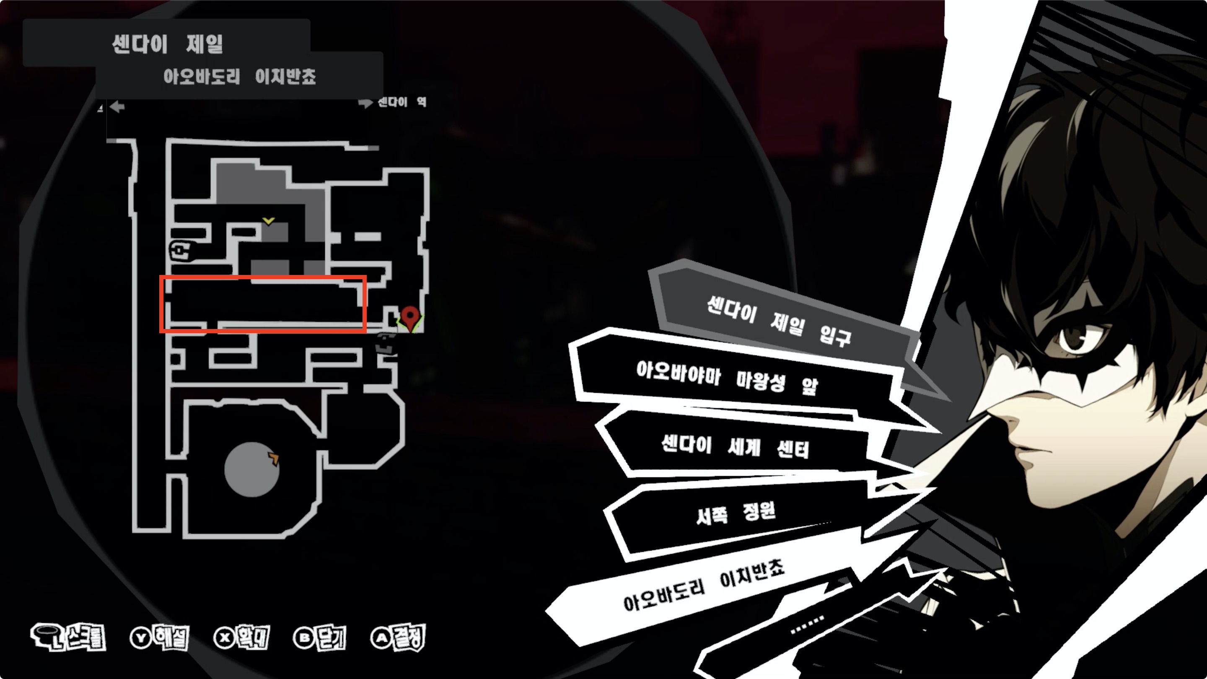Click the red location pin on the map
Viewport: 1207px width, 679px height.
point(410,316)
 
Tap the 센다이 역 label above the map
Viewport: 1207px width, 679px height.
point(401,102)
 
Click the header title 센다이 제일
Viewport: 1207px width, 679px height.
point(167,44)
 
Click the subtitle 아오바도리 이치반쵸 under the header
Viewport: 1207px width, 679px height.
point(239,76)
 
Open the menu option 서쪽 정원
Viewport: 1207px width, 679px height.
point(736,513)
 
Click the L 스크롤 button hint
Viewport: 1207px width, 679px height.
point(69,637)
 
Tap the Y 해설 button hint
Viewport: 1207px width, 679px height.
point(159,637)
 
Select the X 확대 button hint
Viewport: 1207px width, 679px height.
point(241,637)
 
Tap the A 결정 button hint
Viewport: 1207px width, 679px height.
point(398,637)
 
